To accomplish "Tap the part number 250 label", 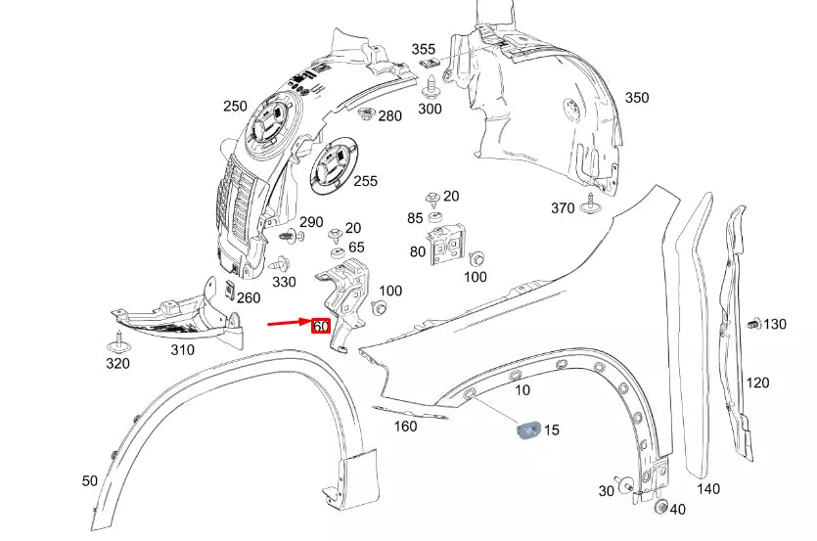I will [235, 107].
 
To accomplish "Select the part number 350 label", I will [636, 98].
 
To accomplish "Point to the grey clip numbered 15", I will [528, 428].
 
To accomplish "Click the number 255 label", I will [365, 181].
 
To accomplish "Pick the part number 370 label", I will [563, 207].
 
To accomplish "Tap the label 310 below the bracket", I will [182, 350].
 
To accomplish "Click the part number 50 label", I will [90, 481].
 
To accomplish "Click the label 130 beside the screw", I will [775, 324].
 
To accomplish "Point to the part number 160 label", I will [404, 426].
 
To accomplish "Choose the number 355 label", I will [423, 49].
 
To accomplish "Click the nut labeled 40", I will [660, 508].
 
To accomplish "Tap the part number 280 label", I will [389, 116].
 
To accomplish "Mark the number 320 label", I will [118, 365].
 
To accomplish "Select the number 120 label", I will [758, 383].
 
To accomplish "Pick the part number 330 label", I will [285, 282].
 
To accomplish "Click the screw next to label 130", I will [753, 324].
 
